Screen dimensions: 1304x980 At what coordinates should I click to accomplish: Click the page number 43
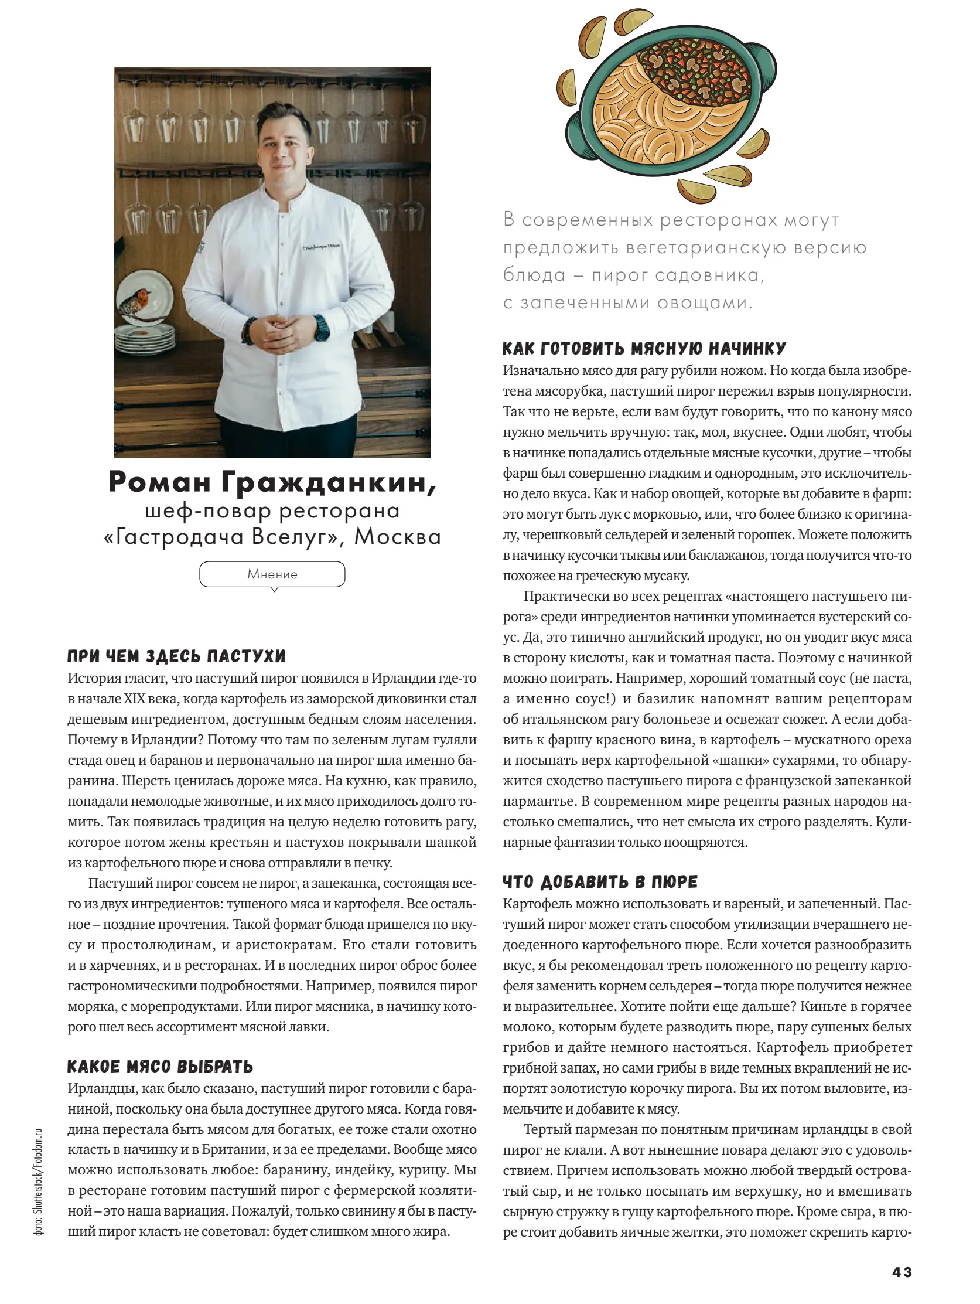902,1272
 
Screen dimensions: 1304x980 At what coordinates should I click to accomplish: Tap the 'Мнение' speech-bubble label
272,574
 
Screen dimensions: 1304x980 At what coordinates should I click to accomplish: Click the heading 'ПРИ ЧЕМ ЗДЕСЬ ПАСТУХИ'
176,656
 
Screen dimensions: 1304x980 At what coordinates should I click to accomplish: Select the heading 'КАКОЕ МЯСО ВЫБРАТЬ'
160,1067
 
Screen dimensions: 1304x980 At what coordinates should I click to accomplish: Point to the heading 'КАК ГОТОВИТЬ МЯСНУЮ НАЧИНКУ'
644,348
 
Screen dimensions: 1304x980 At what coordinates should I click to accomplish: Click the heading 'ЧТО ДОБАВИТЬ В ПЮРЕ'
600,882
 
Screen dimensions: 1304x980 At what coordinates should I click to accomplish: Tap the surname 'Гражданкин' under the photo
329,482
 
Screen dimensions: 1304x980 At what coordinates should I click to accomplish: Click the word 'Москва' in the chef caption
397,536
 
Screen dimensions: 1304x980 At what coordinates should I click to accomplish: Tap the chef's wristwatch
321,328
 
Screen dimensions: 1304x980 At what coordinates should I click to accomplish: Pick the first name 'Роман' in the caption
160,482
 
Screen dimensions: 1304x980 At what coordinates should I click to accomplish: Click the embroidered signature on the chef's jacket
320,247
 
